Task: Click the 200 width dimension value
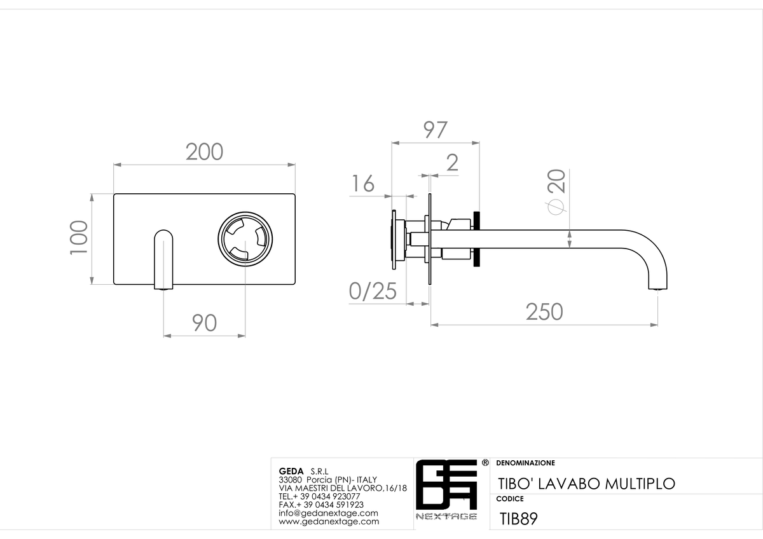point(204,152)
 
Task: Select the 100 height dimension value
point(79,238)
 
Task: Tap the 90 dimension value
point(204,323)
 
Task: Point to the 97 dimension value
point(436,130)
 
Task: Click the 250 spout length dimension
point(544,311)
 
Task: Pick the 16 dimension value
point(363,184)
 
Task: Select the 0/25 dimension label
point(373,291)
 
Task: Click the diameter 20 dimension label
point(556,192)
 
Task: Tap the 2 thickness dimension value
point(452,163)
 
